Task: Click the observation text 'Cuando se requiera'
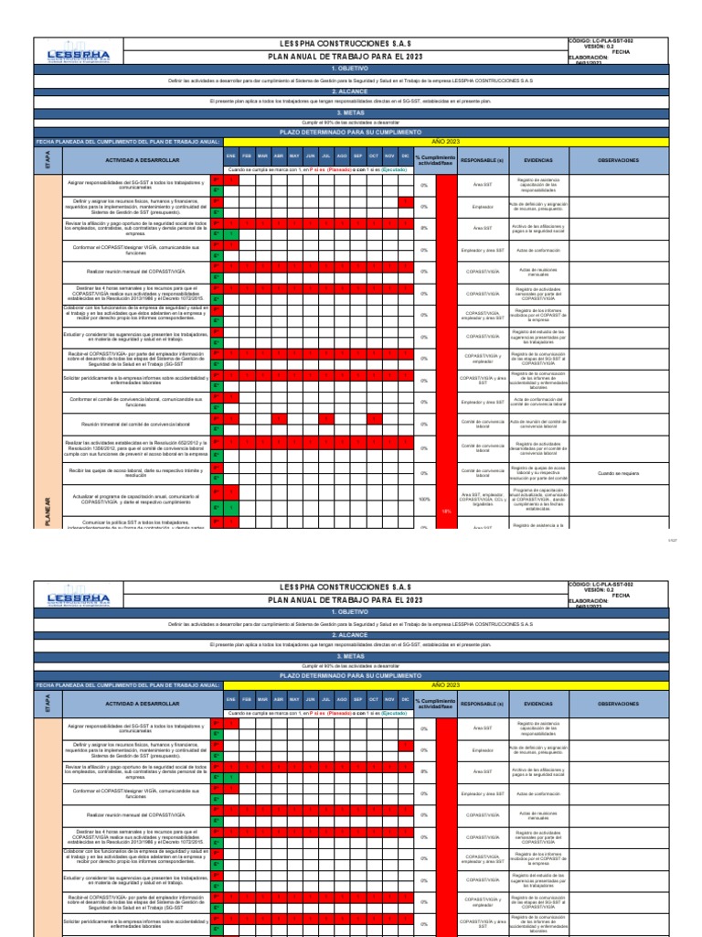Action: point(618,473)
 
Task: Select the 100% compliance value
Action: point(424,499)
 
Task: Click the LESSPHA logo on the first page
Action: point(78,57)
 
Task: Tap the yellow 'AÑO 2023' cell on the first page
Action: point(445,143)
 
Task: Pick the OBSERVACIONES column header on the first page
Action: point(618,159)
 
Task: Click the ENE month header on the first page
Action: point(231,156)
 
